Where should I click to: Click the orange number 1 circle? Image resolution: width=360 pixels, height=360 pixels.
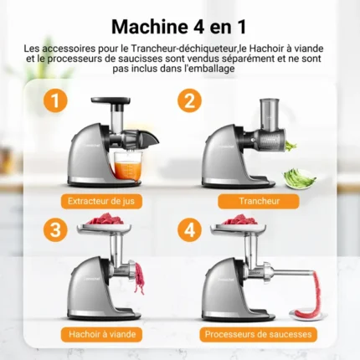tap(55, 100)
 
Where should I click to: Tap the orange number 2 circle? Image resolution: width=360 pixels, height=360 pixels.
tap(189, 100)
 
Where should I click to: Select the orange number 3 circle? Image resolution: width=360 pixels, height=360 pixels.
tap(55, 230)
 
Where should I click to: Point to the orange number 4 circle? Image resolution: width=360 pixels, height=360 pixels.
tap(189, 230)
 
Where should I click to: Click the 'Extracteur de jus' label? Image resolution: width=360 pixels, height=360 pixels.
tap(101, 201)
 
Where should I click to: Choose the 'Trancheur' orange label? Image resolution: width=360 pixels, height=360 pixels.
tap(259, 201)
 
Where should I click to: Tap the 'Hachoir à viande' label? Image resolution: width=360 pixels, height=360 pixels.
tap(102, 334)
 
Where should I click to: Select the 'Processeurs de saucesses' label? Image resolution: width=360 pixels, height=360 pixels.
tap(258, 334)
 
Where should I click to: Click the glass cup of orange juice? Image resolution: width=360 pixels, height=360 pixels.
tap(128, 165)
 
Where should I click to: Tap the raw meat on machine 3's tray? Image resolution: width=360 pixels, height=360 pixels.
tap(105, 219)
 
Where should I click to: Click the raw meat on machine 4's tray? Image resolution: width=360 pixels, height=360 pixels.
tap(239, 219)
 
